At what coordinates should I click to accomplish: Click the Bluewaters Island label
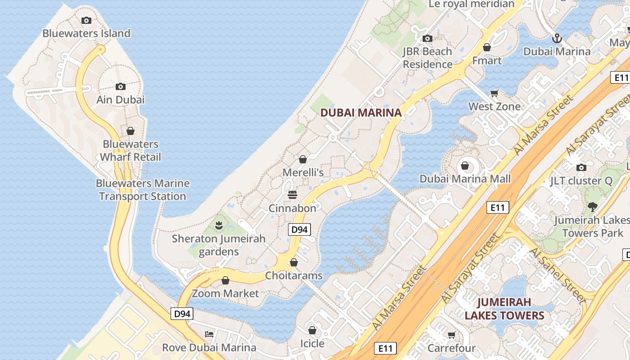click(x=86, y=33)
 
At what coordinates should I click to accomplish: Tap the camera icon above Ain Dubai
click(x=120, y=86)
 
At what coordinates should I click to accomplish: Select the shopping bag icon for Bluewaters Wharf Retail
click(x=130, y=131)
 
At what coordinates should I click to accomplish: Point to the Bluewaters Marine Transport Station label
click(x=143, y=190)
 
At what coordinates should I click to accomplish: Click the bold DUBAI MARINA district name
click(x=361, y=112)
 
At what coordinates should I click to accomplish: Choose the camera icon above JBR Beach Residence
click(x=427, y=39)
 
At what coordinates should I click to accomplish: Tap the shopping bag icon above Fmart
click(x=486, y=47)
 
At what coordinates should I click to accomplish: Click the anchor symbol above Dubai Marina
click(x=557, y=38)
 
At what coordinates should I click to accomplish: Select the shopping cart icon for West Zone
click(x=495, y=94)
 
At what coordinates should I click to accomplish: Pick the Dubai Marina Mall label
click(x=465, y=179)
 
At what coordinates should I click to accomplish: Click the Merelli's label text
click(x=303, y=172)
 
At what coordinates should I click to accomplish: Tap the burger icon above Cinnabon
click(x=292, y=195)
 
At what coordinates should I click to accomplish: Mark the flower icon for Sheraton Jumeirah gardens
click(x=219, y=225)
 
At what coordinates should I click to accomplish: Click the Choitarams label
click(x=294, y=275)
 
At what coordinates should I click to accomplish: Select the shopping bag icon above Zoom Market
click(x=225, y=280)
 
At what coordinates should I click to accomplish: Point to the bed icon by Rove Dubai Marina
click(x=209, y=334)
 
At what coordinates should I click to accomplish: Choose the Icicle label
click(x=312, y=344)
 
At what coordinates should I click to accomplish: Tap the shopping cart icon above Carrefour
click(x=451, y=335)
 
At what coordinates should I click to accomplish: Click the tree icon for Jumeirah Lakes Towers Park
click(x=592, y=207)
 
